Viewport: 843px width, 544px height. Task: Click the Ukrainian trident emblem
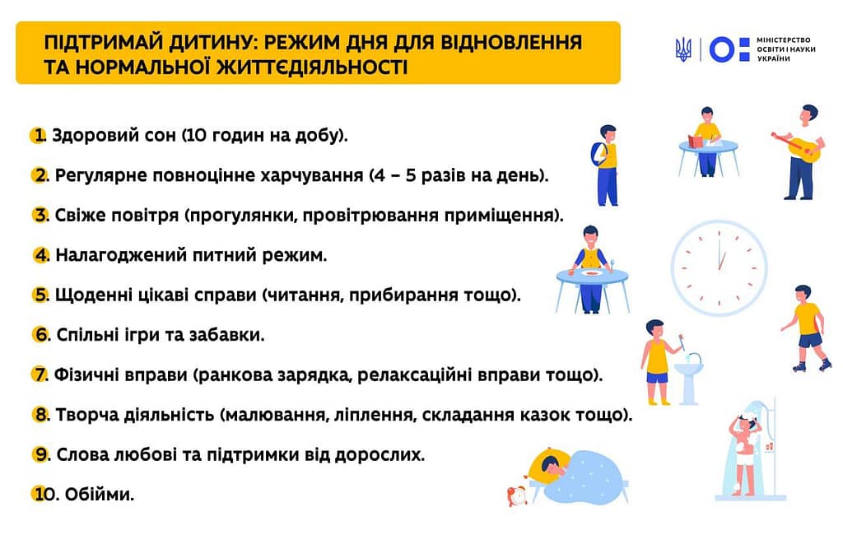coord(683,49)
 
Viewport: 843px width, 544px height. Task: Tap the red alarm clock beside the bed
coord(517,495)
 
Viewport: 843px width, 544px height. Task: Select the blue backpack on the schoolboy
coord(598,154)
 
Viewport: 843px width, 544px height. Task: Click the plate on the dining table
coord(591,273)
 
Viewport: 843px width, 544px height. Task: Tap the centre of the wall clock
coord(720,267)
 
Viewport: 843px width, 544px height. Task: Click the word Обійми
coord(100,494)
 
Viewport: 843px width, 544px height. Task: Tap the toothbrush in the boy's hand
coord(682,342)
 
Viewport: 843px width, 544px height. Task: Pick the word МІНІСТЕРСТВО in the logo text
coord(784,40)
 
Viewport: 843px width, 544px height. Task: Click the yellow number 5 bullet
coord(40,295)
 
